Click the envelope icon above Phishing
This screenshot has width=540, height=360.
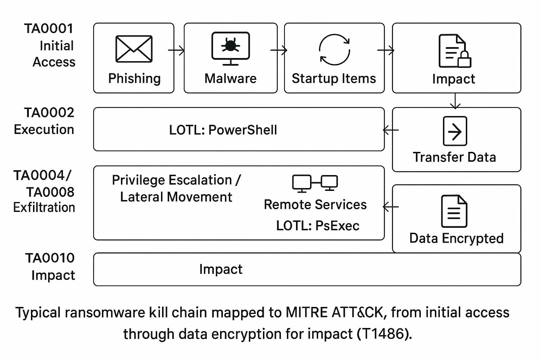(x=134, y=49)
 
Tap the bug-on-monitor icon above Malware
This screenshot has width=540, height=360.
(x=231, y=49)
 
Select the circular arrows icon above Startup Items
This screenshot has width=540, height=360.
(x=334, y=50)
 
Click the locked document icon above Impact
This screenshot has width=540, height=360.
(x=455, y=51)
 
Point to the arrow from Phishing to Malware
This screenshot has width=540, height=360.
(x=176, y=50)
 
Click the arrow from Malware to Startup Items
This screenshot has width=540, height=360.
(x=279, y=50)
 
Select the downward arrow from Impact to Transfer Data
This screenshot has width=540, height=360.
(x=455, y=101)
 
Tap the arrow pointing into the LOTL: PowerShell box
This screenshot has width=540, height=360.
(x=390, y=130)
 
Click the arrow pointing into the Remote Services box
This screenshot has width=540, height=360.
(x=390, y=207)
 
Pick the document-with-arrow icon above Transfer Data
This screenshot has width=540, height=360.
(x=455, y=131)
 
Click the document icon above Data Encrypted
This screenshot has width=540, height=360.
(x=454, y=211)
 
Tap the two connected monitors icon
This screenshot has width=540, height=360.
(x=315, y=183)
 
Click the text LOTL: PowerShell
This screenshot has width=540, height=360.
(x=223, y=130)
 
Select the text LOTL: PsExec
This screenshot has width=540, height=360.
(x=317, y=226)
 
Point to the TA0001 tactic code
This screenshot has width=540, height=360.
(x=49, y=29)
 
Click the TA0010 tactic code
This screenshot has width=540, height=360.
(x=50, y=258)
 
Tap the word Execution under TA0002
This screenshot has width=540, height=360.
(x=44, y=130)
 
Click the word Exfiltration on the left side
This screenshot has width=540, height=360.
(x=44, y=207)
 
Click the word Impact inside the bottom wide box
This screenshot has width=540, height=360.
(x=221, y=269)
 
